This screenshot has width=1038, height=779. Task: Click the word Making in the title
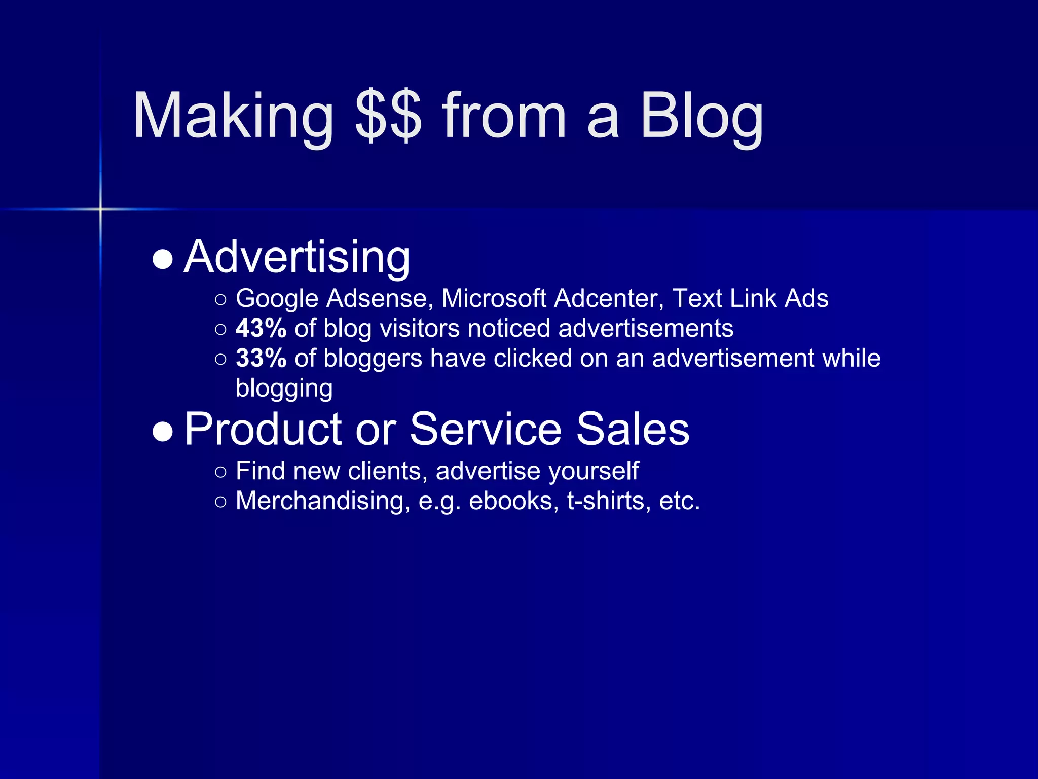(x=233, y=117)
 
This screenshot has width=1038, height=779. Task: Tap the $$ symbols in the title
(x=388, y=117)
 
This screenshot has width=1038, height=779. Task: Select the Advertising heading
(x=296, y=257)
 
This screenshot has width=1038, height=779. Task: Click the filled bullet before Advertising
(x=163, y=259)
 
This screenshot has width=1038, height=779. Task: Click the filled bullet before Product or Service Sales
(x=163, y=432)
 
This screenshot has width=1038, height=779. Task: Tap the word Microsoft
(x=494, y=298)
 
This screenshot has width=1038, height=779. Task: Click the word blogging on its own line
(x=284, y=389)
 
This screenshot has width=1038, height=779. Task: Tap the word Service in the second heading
(x=486, y=430)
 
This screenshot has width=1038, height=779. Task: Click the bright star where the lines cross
(x=100, y=209)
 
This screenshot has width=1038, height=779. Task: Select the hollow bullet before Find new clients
(x=220, y=472)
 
